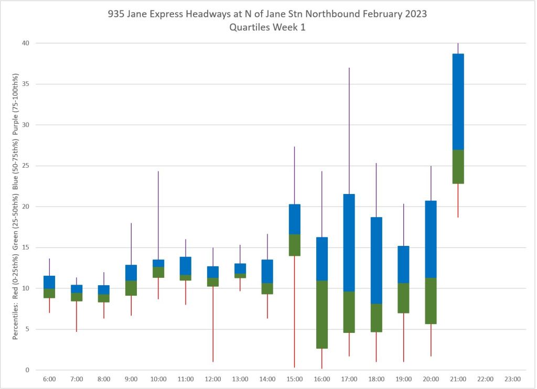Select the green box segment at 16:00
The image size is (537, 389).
pyautogui.click(x=321, y=315)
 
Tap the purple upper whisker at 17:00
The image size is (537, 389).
pyautogui.click(x=349, y=131)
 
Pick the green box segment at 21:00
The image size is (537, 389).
pyautogui.click(x=458, y=167)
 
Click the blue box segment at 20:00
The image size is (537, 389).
pyautogui.click(x=431, y=239)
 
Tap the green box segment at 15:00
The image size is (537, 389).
pyautogui.click(x=294, y=245)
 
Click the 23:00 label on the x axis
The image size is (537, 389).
pyautogui.click(x=512, y=379)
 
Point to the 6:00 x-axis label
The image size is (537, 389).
pyautogui.click(x=49, y=379)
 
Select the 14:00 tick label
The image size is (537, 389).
pyautogui.click(x=267, y=379)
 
